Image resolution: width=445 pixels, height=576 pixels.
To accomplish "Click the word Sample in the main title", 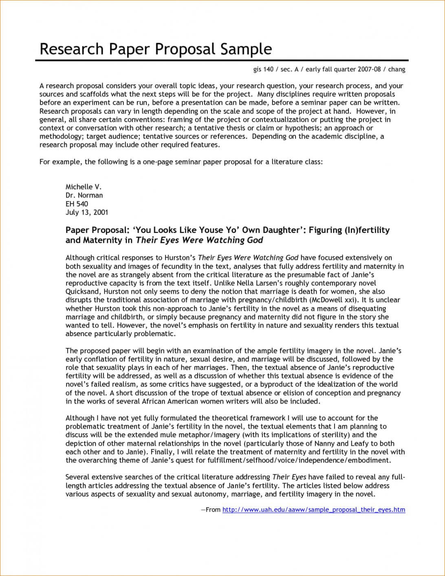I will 246,49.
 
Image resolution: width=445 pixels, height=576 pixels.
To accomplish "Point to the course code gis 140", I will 263,69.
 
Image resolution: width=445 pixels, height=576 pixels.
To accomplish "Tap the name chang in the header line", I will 397,69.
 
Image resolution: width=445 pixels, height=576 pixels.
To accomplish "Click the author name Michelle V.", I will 83,187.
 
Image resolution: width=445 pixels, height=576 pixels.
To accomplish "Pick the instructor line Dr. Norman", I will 84,195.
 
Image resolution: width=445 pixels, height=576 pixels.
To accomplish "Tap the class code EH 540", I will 77,204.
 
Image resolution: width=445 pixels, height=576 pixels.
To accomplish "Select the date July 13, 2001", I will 87,213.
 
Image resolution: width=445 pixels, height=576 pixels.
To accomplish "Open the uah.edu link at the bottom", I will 313,510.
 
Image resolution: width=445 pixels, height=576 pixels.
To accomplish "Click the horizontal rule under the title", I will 220,60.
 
